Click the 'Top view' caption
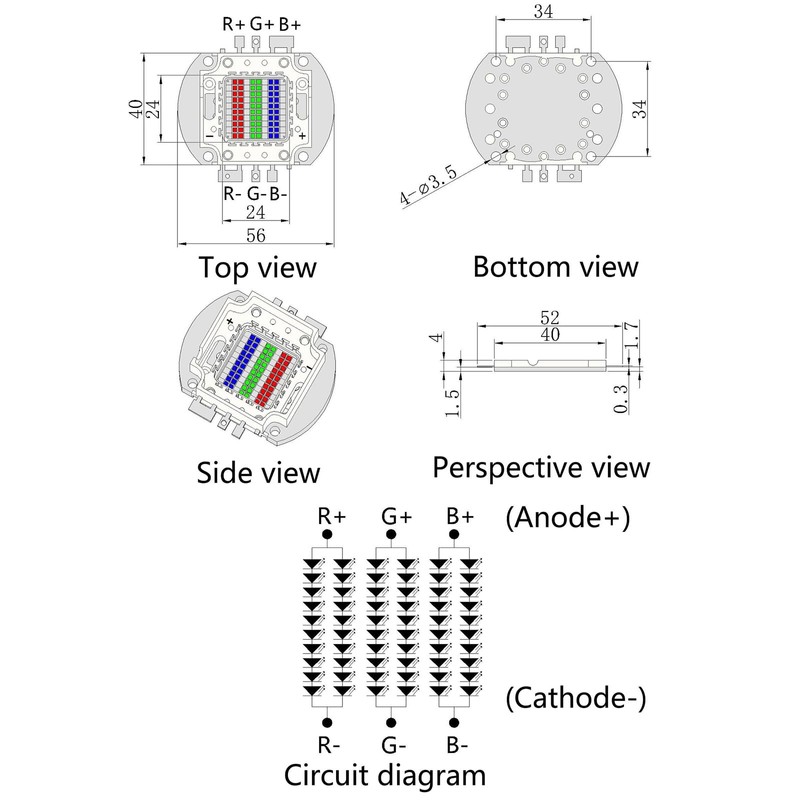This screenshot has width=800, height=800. click(x=258, y=268)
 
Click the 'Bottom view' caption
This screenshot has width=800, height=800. click(x=555, y=267)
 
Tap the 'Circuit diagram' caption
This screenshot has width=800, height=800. click(x=385, y=775)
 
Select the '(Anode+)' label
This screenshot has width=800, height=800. click(x=568, y=518)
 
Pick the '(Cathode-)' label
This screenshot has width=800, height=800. click(x=576, y=698)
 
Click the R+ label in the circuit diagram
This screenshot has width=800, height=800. click(x=332, y=517)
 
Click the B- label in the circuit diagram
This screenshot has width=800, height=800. click(x=459, y=745)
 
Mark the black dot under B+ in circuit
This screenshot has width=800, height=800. click(x=457, y=536)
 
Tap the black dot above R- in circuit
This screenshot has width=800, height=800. click(x=327, y=722)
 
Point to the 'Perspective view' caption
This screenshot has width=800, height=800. click(x=541, y=467)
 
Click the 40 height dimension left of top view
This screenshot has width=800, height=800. click(x=136, y=109)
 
